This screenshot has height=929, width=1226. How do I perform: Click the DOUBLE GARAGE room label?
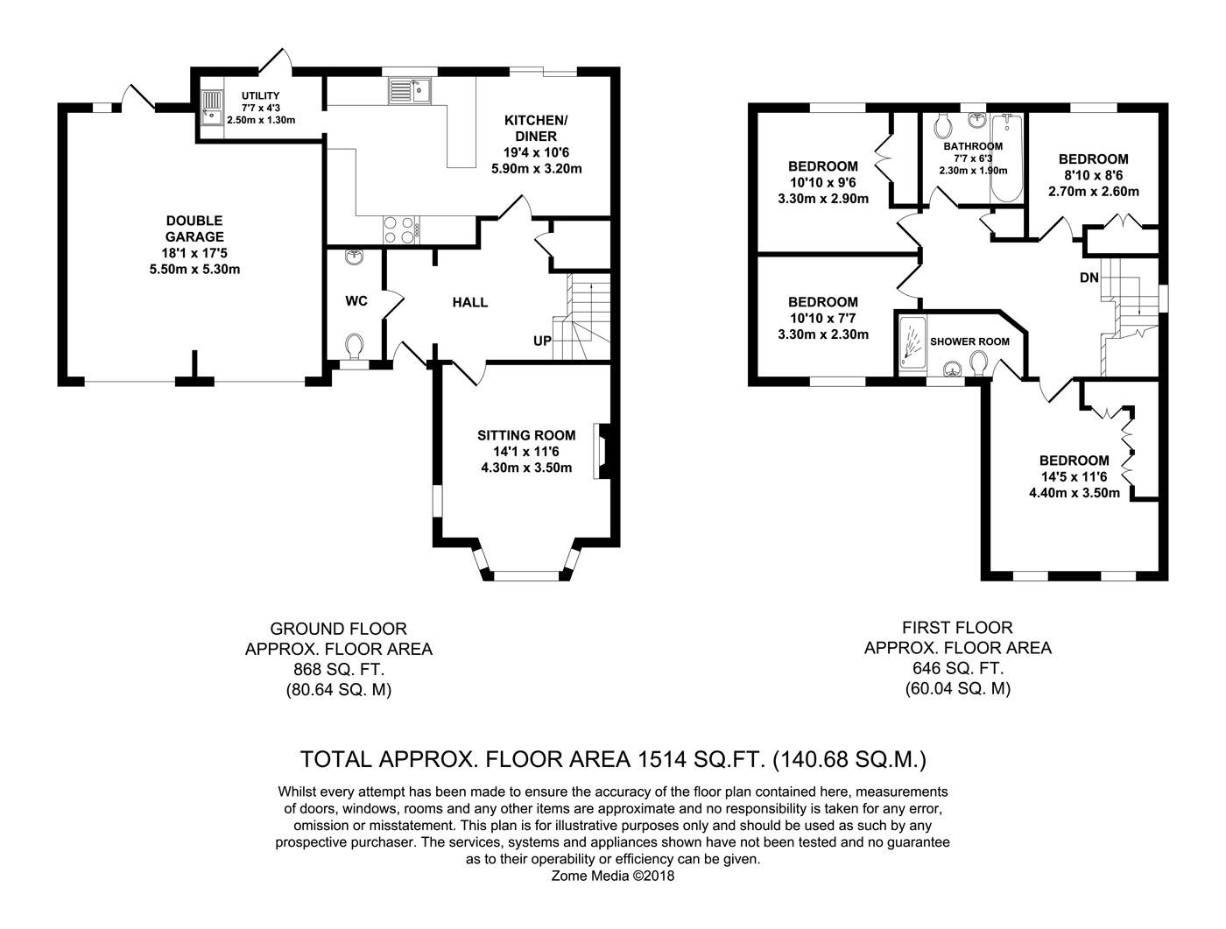click(x=194, y=229)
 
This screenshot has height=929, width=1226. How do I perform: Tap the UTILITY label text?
click(x=260, y=96)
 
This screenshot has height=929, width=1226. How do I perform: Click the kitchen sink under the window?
click(x=410, y=90)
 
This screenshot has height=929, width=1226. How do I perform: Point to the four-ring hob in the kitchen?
click(x=401, y=230)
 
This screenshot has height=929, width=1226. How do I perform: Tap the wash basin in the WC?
click(x=354, y=257)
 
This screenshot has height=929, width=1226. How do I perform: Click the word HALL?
click(x=469, y=302)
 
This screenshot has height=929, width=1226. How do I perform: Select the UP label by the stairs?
click(x=542, y=341)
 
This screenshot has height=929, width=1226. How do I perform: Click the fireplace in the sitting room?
click(x=603, y=451)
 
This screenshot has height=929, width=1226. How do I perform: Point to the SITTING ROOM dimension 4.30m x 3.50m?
click(x=526, y=468)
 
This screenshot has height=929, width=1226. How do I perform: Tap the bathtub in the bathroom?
click(x=1006, y=158)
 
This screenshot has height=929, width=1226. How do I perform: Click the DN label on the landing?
click(x=1089, y=278)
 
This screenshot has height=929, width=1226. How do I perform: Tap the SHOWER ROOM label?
click(x=969, y=341)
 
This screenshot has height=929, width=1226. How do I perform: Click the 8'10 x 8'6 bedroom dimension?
click(x=1093, y=175)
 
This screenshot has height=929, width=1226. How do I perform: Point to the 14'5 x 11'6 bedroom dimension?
click(x=1075, y=477)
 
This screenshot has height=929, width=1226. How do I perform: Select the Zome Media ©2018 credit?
click(x=613, y=876)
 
